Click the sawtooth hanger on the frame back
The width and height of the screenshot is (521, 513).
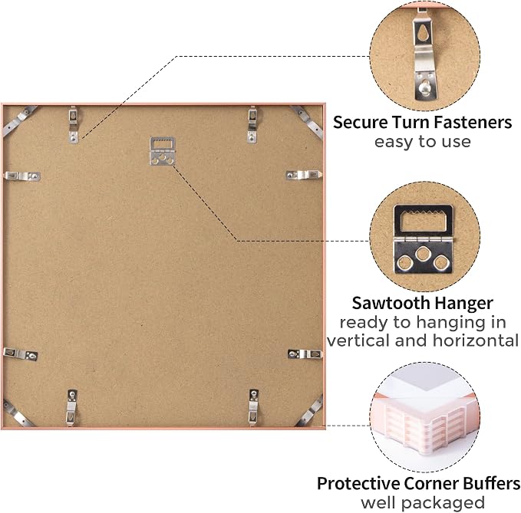click(162, 151)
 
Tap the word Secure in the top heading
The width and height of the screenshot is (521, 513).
click(361, 122)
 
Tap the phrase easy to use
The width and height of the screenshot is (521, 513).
click(423, 142)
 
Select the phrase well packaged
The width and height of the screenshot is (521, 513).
click(423, 503)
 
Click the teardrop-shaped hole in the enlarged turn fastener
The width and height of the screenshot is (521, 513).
click(423, 33)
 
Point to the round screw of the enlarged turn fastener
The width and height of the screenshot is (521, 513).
click(424, 87)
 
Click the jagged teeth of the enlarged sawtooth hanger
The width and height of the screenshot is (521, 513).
click(423, 212)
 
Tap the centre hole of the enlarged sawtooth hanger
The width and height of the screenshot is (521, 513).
click(423, 254)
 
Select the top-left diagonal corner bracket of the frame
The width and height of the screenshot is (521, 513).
click(19, 120)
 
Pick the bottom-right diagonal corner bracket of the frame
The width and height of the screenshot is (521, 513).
click(309, 411)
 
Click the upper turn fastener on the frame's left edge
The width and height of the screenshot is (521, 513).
click(22, 176)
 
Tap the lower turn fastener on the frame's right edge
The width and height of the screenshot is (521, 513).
click(305, 354)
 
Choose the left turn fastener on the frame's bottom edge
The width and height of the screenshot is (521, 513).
click(71, 408)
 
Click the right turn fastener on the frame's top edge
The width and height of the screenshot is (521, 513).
click(252, 125)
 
